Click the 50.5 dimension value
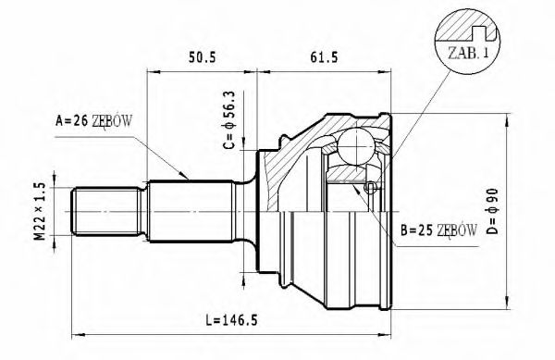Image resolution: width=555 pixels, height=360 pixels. pyautogui.click(x=202, y=57)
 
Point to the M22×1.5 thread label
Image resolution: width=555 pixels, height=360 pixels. pyautogui.click(x=40, y=212)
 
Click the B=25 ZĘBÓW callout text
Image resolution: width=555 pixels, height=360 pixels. pyautogui.click(x=439, y=229)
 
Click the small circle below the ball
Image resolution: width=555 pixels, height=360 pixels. pyautogui.click(x=369, y=188)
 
